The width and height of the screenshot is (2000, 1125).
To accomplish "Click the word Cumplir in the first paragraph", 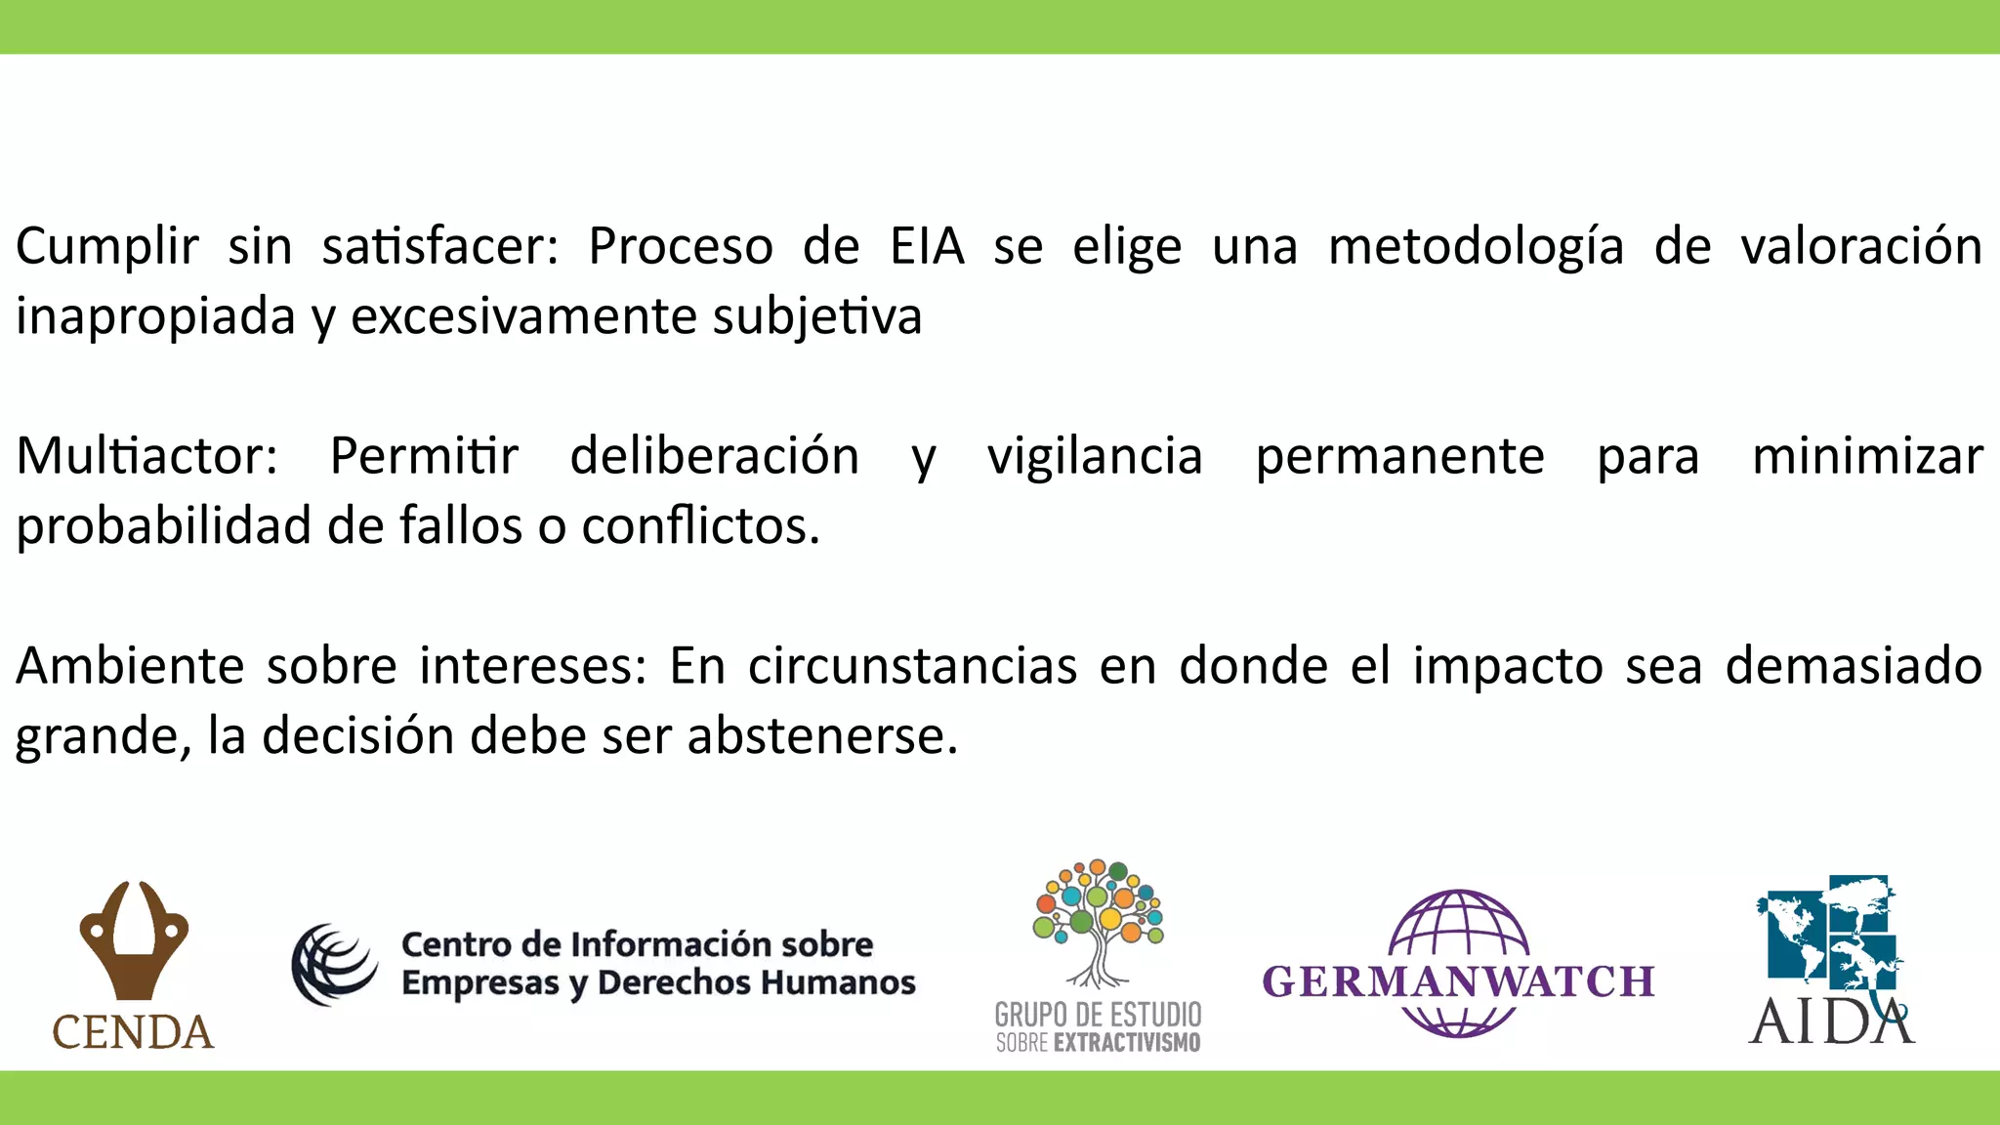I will click(106, 246).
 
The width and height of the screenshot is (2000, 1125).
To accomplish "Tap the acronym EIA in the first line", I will click(926, 246).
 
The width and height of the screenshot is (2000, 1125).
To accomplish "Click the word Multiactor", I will click(146, 456).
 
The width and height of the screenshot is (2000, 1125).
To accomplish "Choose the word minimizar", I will click(1867, 456).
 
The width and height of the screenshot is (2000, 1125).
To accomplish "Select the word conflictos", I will click(700, 526).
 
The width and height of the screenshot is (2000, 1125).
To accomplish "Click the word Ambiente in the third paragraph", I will click(130, 666).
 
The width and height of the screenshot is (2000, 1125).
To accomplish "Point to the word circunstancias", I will click(912, 666).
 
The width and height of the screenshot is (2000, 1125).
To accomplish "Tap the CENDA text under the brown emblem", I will click(133, 1032).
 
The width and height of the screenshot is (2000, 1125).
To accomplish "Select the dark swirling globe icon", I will click(334, 964).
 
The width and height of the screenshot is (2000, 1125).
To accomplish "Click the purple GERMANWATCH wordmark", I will click(1458, 981).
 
